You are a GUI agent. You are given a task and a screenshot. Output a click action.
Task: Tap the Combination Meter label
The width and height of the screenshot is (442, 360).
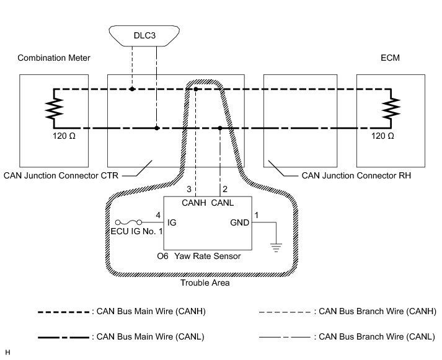coord(54,58)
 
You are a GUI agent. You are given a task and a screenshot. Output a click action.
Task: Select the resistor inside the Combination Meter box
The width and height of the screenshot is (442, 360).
coord(53,109)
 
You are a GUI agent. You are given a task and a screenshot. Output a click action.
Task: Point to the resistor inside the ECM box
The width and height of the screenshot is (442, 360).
coord(390,109)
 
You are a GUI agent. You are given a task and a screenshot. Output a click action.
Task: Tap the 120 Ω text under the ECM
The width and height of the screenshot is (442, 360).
coord(381,135)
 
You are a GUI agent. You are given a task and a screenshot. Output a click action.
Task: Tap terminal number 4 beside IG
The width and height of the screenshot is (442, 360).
coord(157,215)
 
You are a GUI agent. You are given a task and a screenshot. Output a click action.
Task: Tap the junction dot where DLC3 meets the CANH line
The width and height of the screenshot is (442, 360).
coord(132,89)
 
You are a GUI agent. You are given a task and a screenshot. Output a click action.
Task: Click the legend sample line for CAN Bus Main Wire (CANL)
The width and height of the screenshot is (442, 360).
coord(64,336)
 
